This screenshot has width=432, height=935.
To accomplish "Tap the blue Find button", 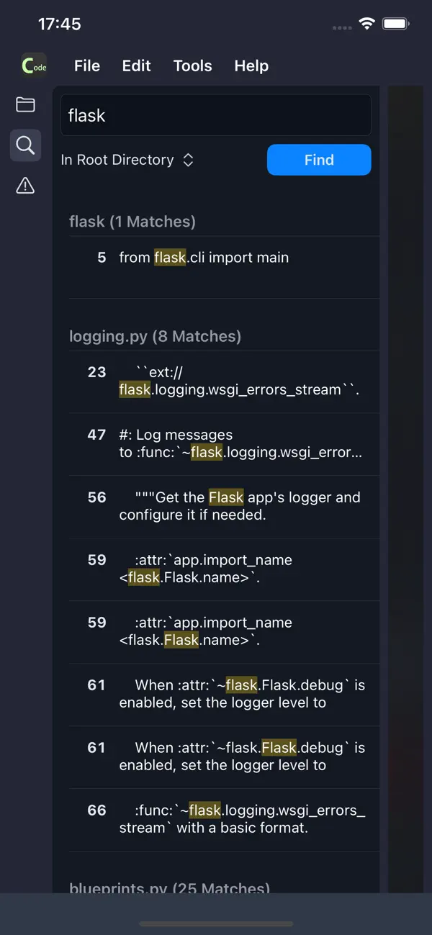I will click(319, 160).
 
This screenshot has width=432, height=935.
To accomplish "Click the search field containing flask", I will click(215, 115).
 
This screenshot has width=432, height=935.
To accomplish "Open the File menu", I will click(87, 66).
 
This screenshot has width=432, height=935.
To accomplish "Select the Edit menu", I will click(136, 66).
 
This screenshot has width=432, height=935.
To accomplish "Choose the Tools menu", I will click(192, 66).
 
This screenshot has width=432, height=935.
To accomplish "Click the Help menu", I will click(251, 66).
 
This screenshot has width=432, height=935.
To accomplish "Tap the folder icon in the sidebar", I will click(25, 104).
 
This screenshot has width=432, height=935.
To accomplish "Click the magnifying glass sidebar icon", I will click(25, 145).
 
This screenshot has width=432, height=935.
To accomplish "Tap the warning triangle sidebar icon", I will click(25, 186).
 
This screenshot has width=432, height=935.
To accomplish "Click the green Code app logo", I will click(34, 66).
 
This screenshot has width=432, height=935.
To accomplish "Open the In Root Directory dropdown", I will click(127, 160).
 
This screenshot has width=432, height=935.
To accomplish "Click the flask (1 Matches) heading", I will click(132, 222).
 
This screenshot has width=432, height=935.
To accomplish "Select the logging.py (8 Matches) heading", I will click(155, 336).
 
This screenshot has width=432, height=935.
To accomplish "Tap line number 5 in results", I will click(102, 258).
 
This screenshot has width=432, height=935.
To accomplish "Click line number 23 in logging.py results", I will click(96, 372).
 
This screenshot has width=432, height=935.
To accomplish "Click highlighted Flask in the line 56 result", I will click(226, 497).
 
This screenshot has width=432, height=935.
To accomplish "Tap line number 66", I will click(96, 810).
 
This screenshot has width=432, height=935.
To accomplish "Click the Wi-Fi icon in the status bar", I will click(367, 24).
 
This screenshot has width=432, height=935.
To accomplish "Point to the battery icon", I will click(396, 24).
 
